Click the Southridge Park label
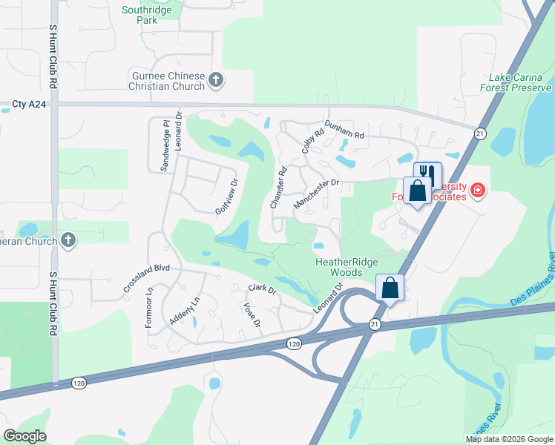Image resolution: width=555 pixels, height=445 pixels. (148, 15)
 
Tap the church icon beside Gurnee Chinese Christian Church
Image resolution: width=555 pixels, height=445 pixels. (216, 80)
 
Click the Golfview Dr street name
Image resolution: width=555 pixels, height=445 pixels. (227, 197)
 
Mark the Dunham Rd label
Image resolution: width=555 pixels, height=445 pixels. (344, 130)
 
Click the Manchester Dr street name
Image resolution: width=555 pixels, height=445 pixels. (316, 193)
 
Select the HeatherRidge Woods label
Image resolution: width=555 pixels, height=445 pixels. (347, 267)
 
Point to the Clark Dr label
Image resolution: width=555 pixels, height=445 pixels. (262, 288)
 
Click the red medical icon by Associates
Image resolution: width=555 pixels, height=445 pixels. (477, 191)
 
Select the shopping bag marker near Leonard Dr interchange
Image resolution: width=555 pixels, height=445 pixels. (390, 286)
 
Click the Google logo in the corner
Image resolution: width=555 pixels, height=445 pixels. (24, 436)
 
